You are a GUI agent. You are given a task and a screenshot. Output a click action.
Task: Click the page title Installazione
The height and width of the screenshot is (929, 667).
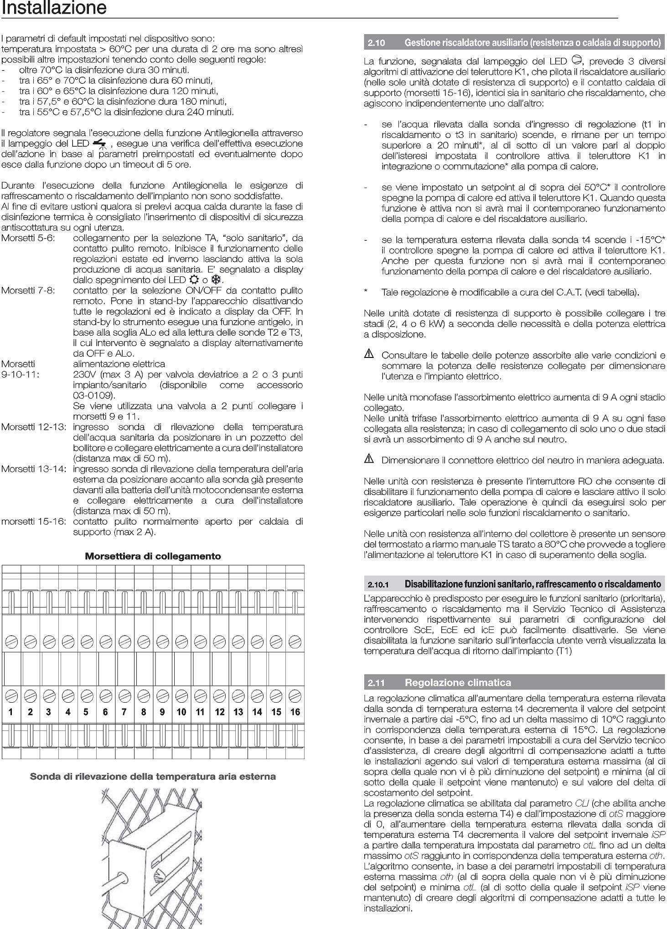click(x=54, y=8)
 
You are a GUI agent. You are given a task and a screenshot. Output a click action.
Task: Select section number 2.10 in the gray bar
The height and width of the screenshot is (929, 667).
click(x=377, y=43)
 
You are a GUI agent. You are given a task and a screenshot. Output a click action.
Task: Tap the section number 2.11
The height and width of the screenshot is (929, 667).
click(x=377, y=682)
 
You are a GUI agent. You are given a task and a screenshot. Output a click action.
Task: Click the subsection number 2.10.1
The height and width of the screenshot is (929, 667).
click(x=378, y=584)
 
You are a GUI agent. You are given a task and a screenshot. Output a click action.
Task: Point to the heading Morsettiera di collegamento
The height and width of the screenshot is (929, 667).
click(x=153, y=556)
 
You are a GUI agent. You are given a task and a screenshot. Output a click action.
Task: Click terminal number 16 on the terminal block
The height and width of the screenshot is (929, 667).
click(x=295, y=712)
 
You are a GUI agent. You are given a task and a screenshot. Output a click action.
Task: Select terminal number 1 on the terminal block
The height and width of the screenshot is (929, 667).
click(x=11, y=712)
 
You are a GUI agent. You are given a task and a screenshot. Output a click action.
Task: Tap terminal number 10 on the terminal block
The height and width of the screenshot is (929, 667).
click(x=181, y=712)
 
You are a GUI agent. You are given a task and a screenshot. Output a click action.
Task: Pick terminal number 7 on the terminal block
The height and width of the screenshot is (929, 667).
click(x=124, y=712)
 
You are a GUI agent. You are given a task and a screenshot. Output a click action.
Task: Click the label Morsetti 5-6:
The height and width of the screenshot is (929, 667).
click(x=28, y=238)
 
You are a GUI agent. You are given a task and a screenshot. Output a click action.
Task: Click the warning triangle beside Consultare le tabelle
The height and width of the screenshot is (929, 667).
click(x=369, y=354)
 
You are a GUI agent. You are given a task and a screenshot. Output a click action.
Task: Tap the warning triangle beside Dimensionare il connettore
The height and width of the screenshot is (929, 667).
click(x=369, y=459)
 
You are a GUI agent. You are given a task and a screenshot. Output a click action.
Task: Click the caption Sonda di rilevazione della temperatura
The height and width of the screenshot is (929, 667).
click(x=153, y=776)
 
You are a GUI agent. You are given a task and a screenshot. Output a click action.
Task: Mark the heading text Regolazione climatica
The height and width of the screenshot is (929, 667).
click(x=458, y=682)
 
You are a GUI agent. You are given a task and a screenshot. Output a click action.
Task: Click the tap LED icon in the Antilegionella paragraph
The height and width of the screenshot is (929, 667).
click(x=99, y=144)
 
